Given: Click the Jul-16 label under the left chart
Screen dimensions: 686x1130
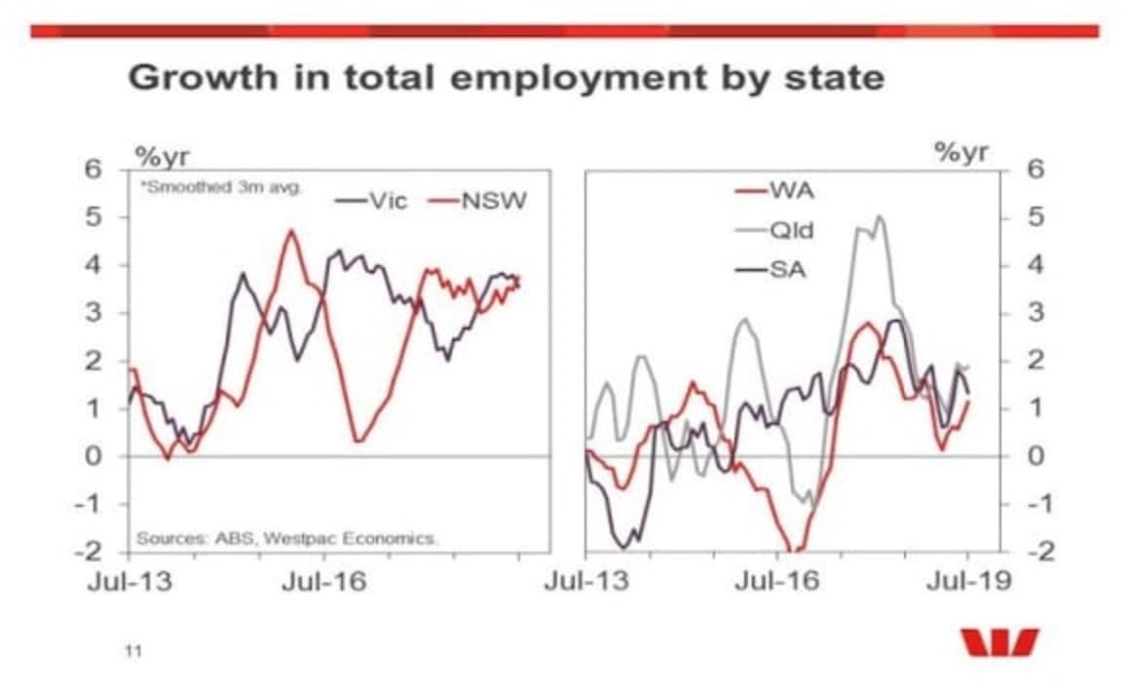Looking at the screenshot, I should (325, 582).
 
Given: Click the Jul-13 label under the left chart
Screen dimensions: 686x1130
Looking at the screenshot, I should (131, 582).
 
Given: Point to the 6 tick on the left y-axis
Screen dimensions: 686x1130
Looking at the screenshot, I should (94, 169).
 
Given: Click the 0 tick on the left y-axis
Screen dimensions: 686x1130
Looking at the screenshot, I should (94, 456).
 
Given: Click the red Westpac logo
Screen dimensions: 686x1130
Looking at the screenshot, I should (999, 643).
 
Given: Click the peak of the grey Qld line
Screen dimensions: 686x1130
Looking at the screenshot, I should (880, 217).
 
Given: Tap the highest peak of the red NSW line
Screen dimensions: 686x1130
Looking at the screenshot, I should (289, 231).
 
